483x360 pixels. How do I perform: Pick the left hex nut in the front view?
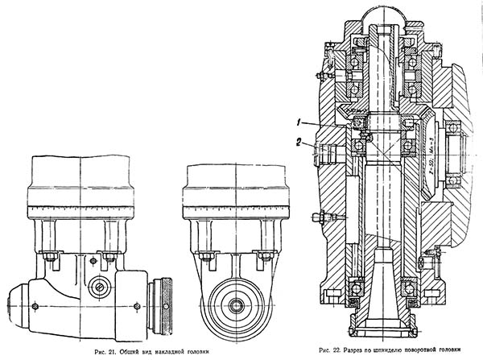pos(206,257)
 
